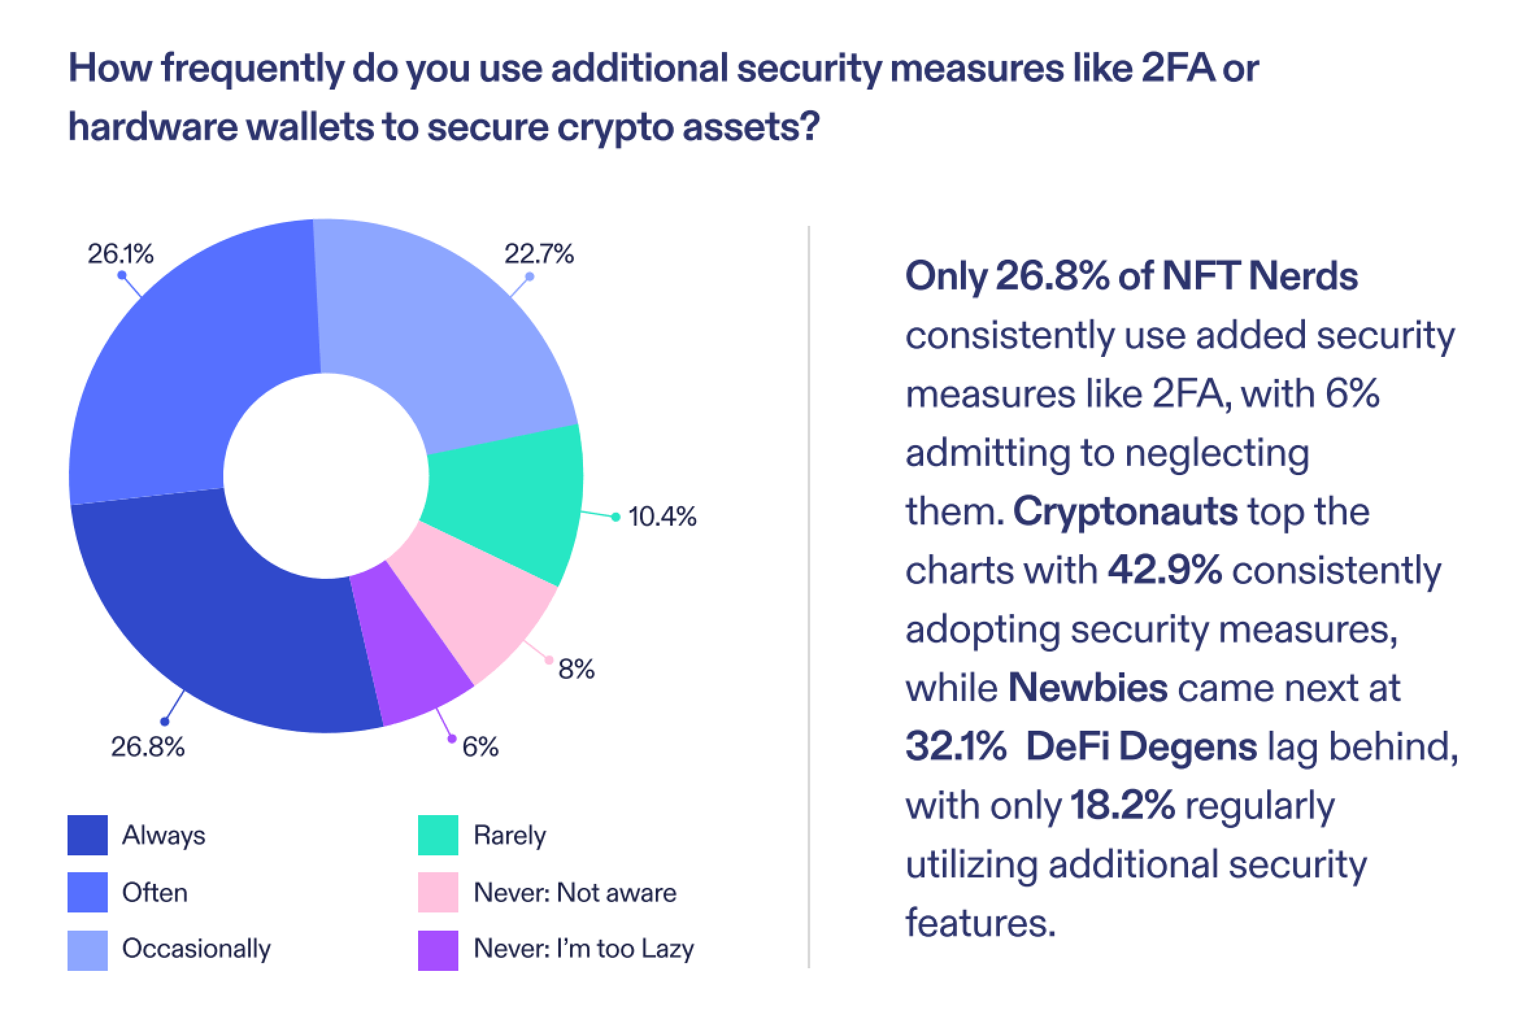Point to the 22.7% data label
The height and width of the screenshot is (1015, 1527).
pyautogui.click(x=540, y=254)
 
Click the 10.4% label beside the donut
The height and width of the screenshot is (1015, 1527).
pyautogui.click(x=662, y=517)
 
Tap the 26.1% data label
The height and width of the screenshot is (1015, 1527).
pyautogui.click(x=121, y=254)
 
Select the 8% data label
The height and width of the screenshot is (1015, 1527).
pyautogui.click(x=576, y=668)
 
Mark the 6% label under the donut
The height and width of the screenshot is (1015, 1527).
pyautogui.click(x=480, y=748)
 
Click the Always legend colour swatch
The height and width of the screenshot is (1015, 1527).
pyautogui.click(x=88, y=835)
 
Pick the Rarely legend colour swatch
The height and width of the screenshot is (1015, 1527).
pyautogui.click(x=438, y=835)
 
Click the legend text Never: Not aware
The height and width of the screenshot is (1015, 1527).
pyautogui.click(x=575, y=893)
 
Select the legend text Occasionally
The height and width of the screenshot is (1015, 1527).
pyautogui.click(x=196, y=949)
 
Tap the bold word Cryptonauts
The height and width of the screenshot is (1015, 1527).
pyautogui.click(x=1125, y=511)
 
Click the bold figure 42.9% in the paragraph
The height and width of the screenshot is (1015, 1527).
pyautogui.click(x=1165, y=570)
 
